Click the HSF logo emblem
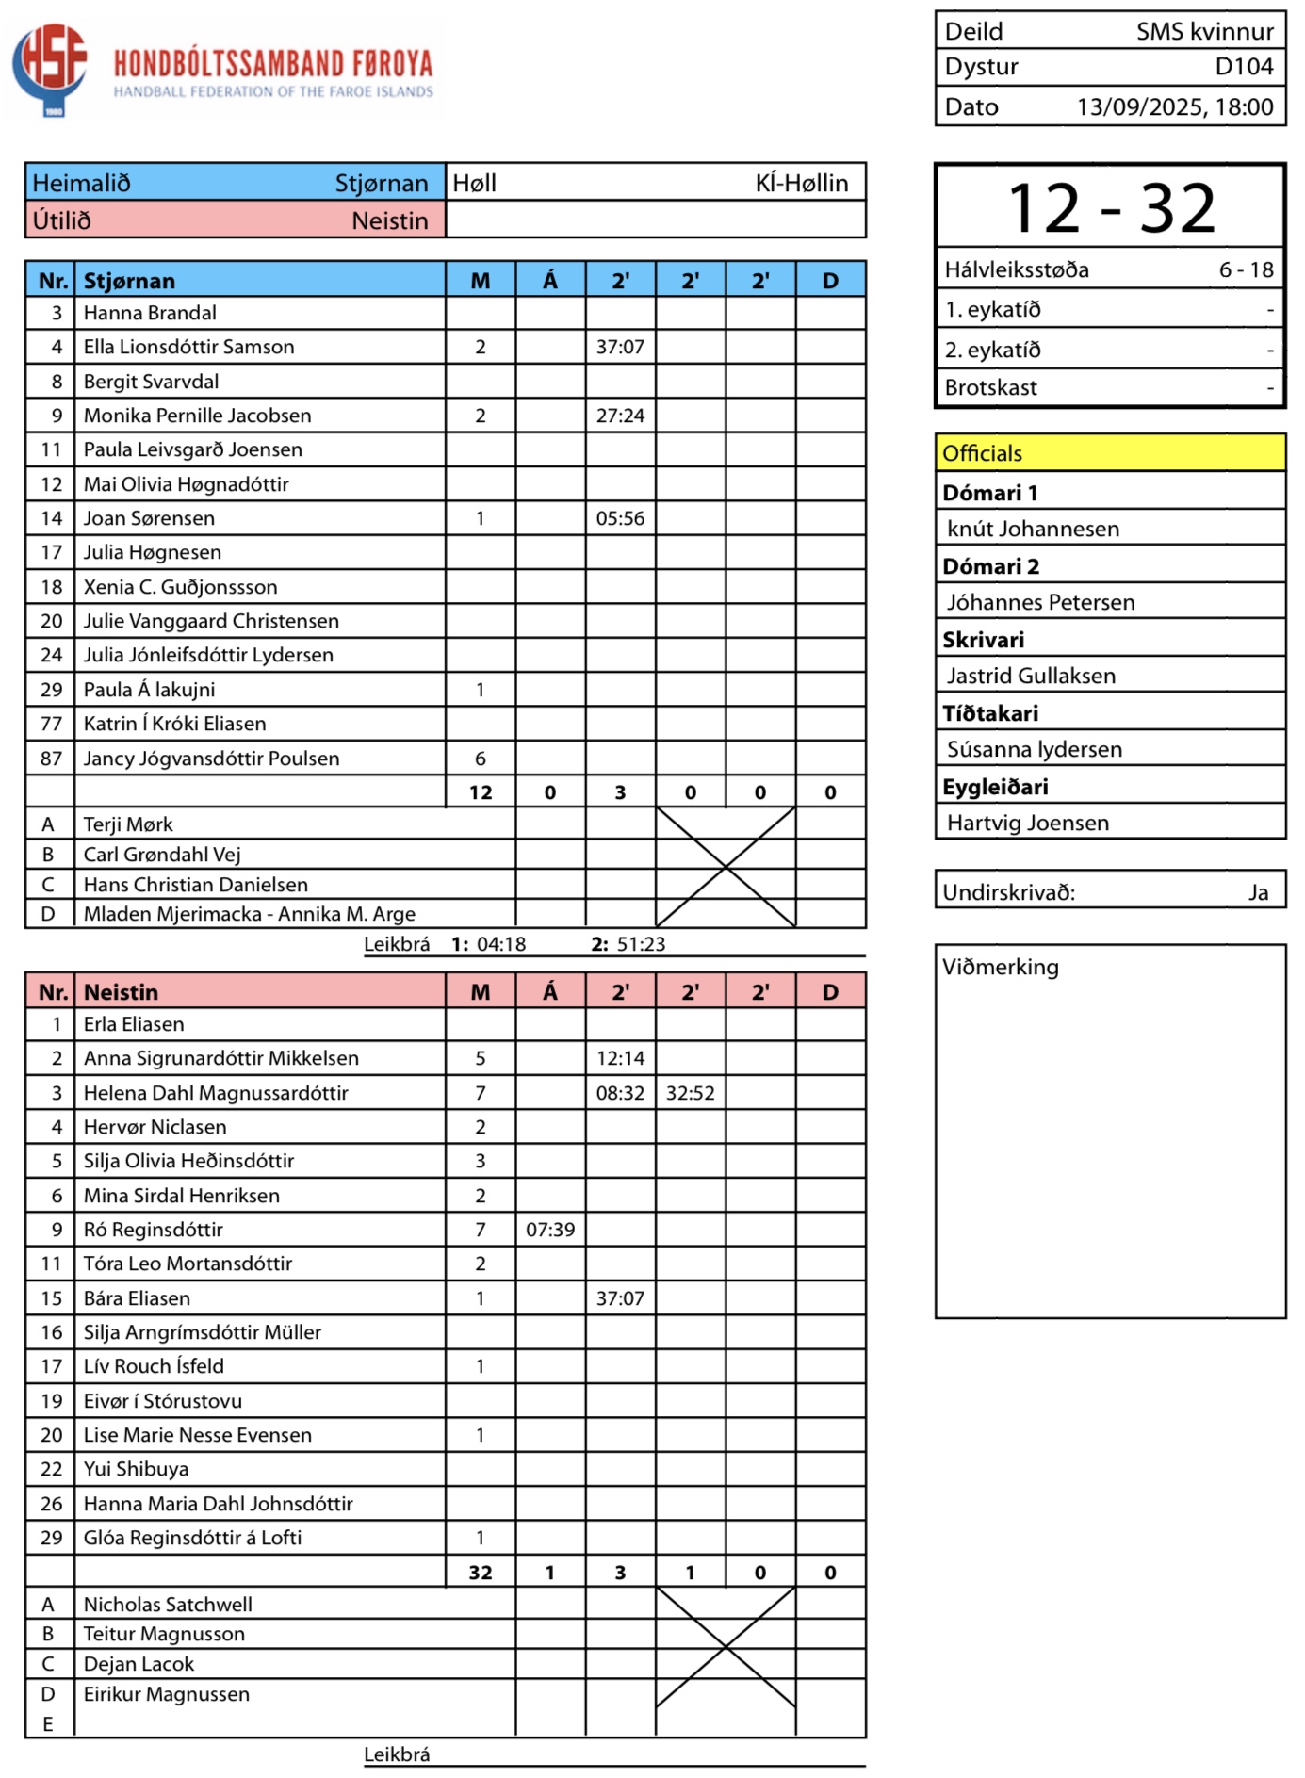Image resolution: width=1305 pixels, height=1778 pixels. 50,67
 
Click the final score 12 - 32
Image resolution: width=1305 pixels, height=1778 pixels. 1111,208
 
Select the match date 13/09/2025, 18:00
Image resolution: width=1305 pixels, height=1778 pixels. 1174,106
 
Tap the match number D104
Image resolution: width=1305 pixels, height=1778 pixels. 1244,67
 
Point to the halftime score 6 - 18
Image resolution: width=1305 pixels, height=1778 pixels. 1246,270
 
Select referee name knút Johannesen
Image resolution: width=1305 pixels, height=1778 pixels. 1033,529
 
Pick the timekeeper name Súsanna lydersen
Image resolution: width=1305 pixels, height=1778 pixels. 1034,749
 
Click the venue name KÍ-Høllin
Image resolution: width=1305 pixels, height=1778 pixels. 801,183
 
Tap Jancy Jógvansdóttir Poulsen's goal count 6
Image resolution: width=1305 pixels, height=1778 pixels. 481,759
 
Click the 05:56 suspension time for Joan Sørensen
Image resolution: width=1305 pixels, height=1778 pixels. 620,518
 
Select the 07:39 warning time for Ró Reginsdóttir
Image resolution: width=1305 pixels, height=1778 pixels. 550,1230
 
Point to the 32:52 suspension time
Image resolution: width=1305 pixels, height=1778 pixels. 690,1093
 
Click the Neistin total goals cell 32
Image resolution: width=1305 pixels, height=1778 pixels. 481,1572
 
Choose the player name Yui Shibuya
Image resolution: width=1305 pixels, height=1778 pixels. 136,1469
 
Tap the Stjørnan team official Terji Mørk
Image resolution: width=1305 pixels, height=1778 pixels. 128,824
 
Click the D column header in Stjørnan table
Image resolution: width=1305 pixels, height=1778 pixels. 830,281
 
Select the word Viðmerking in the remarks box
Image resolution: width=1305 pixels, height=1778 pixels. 1001,967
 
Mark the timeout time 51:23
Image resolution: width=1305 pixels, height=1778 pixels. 641,944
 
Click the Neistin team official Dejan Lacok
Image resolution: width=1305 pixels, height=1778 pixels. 139,1664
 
